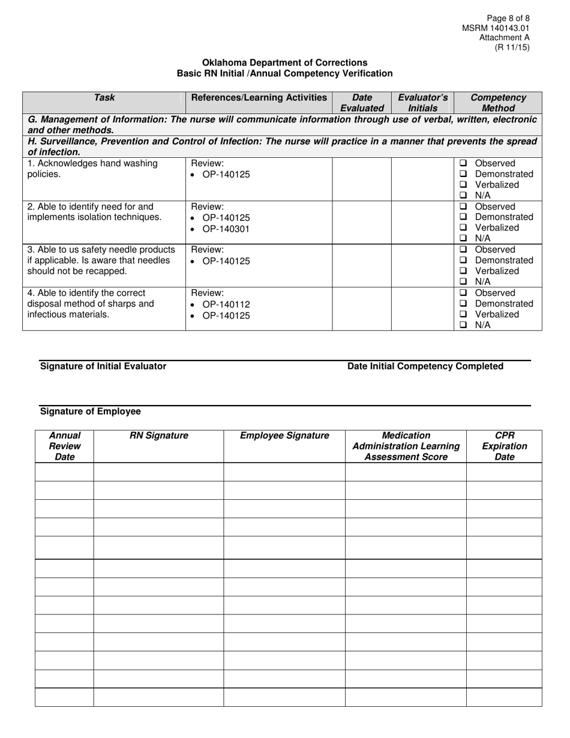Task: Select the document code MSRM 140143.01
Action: [x=496, y=28]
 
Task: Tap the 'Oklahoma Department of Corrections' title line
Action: [x=284, y=62]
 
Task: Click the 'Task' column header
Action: [x=104, y=97]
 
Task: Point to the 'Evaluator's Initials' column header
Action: [x=422, y=103]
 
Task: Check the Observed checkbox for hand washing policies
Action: [x=463, y=163]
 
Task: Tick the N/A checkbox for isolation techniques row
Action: [x=463, y=238]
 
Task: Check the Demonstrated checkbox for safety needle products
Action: [x=463, y=260]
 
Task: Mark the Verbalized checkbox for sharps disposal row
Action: [x=463, y=314]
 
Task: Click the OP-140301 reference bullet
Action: [x=226, y=229]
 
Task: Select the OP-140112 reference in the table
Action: [x=226, y=304]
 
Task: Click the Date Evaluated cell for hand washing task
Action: [x=362, y=179]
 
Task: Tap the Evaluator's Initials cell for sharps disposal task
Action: [x=422, y=308]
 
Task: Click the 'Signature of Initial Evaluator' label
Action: [x=103, y=366]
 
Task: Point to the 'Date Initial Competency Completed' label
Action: [x=425, y=366]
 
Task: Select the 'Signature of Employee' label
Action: [x=90, y=411]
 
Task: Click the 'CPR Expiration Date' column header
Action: [x=503, y=446]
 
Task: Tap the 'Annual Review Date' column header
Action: [x=65, y=446]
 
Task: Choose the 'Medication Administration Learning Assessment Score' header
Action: [x=406, y=446]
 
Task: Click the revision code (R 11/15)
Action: [x=512, y=47]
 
